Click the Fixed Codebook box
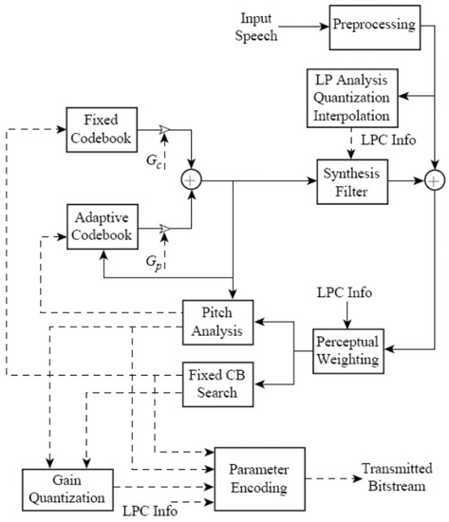click(x=99, y=129)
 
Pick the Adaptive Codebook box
click(x=99, y=225)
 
